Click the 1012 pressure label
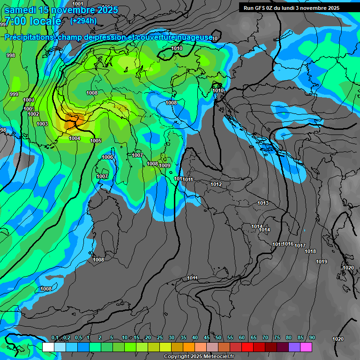(x=216, y=184)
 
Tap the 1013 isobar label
(x=263, y=203)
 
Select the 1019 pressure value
(x=322, y=262)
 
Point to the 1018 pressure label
(x=310, y=251)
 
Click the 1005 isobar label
(x=96, y=141)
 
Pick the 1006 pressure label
(x=107, y=157)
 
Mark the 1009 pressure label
(x=165, y=165)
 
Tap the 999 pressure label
(x=14, y=94)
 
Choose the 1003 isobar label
(x=42, y=124)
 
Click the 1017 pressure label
(x=300, y=246)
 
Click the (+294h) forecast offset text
(x=83, y=21)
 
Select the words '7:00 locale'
(x=33, y=21)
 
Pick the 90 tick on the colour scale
(x=312, y=337)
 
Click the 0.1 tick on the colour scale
(x=55, y=337)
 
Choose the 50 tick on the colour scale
(x=218, y=337)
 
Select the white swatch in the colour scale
(x=48, y=347)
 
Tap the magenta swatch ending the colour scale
(x=306, y=347)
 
